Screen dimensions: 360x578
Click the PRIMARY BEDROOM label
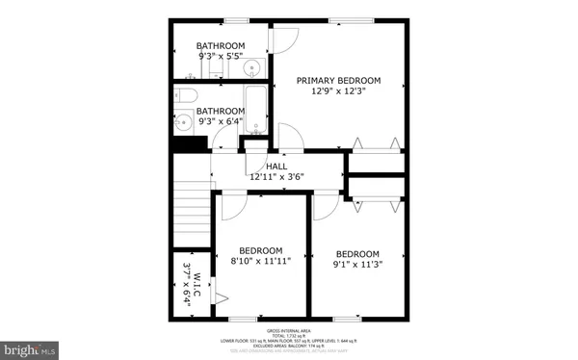(x=338, y=81)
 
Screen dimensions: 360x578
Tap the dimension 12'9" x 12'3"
(x=338, y=92)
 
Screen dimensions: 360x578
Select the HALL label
(x=277, y=167)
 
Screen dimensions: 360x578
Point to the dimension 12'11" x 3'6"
(x=277, y=177)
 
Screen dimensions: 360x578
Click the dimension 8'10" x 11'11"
(x=261, y=260)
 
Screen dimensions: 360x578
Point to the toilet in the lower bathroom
(x=187, y=94)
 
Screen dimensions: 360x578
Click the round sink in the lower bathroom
(x=183, y=122)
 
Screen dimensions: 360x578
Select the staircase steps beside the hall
(x=193, y=213)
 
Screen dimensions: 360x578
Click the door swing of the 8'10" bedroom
(x=232, y=204)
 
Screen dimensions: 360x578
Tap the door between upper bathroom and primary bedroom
(x=282, y=38)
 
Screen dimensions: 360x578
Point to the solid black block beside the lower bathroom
(x=191, y=143)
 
